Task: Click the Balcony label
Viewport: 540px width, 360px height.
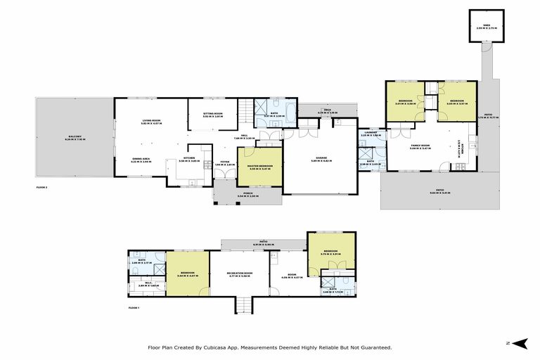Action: click(75, 136)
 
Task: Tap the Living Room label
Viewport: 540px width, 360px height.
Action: click(151, 121)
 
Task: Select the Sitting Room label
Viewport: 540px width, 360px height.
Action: click(213, 113)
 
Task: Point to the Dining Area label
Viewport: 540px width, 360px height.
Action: click(142, 159)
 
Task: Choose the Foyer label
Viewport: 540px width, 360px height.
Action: click(225, 162)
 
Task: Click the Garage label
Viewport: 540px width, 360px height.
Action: click(321, 159)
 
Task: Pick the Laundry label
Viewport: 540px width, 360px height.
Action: click(370, 131)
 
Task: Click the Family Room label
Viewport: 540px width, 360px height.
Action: click(420, 146)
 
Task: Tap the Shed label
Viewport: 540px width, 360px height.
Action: click(487, 25)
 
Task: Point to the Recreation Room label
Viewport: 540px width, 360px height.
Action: click(240, 273)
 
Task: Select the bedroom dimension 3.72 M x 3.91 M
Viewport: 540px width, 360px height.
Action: click(330, 255)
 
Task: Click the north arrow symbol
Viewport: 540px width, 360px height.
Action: click(519, 343)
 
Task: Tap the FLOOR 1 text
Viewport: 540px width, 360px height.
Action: click(134, 308)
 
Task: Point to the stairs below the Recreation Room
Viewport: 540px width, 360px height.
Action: click(243, 304)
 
